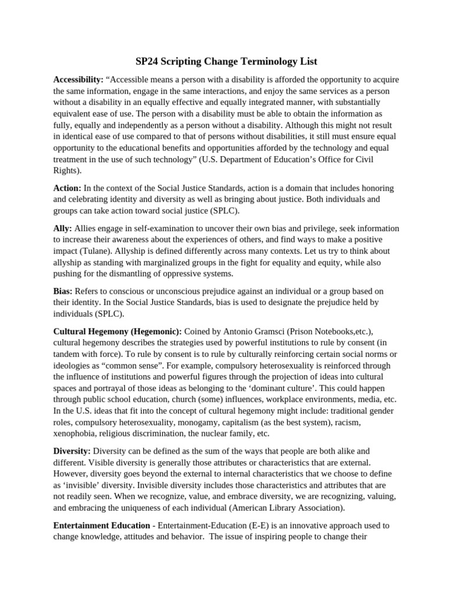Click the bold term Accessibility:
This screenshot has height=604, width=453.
pos(78,80)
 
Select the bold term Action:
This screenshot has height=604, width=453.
pos(67,188)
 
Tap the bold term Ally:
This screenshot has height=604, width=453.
pos(63,228)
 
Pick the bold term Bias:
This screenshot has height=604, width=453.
pos(63,291)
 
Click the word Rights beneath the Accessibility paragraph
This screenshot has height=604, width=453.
pos(67,171)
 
